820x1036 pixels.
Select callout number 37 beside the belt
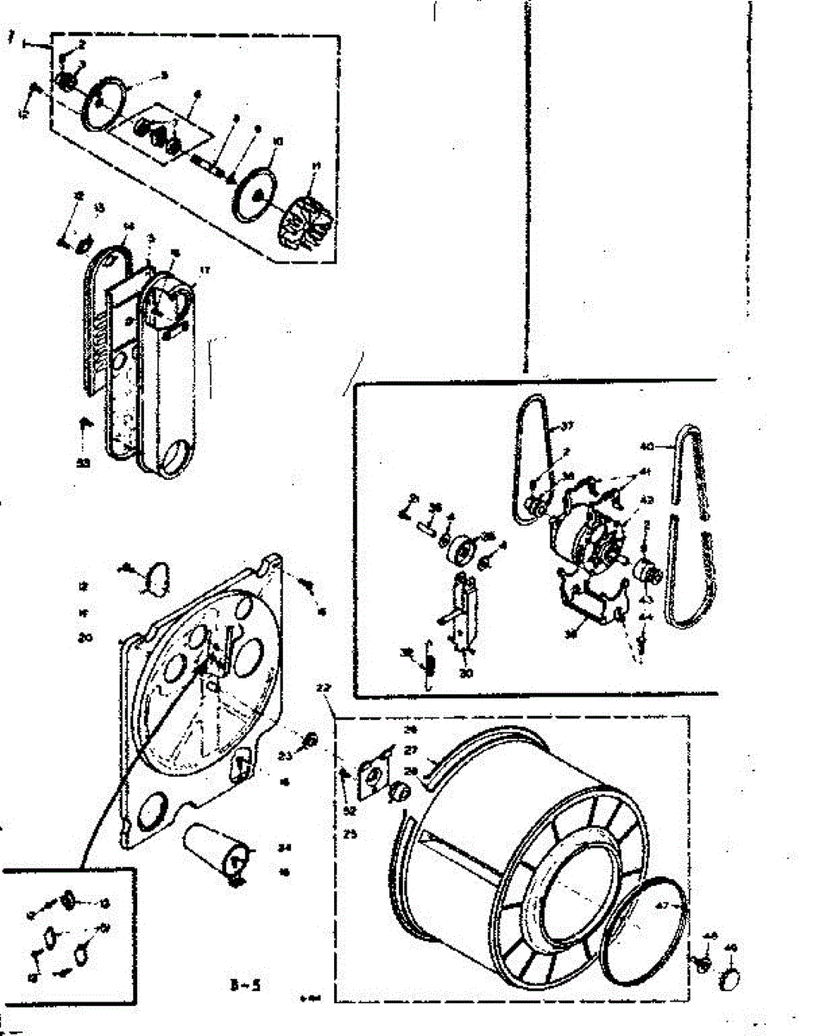567,425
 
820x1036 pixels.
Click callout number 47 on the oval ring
661,906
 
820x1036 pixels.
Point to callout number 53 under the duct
83,464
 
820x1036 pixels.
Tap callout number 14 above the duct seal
129,227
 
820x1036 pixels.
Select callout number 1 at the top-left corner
11,39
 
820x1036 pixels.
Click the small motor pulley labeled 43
645,571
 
